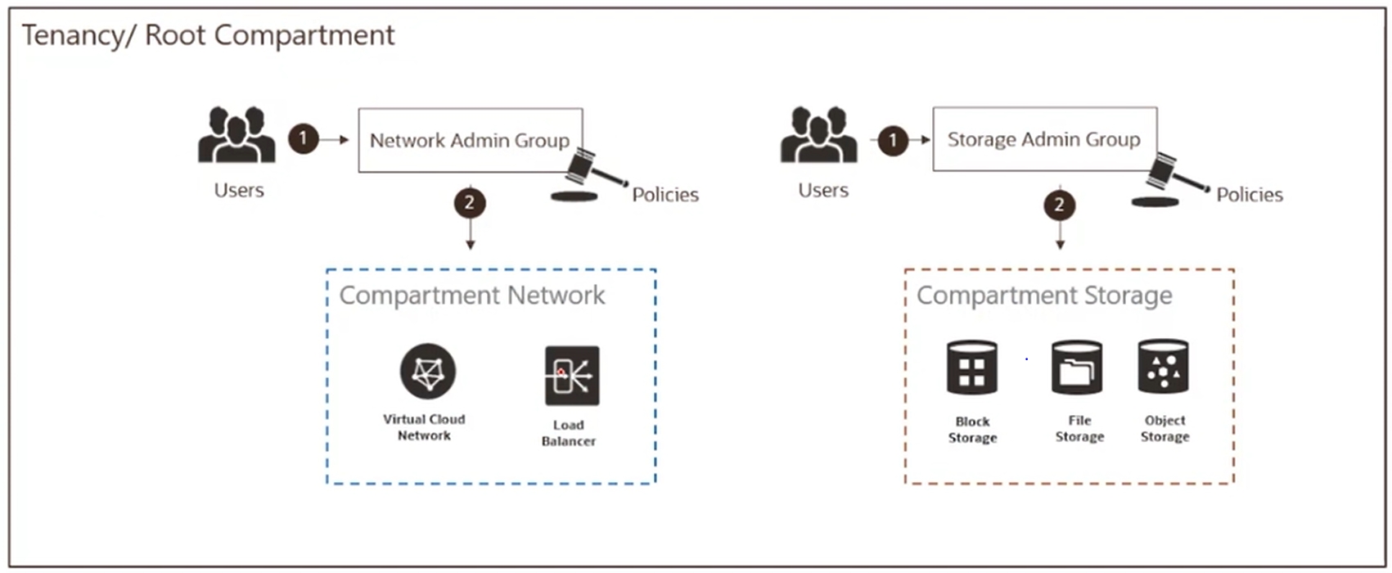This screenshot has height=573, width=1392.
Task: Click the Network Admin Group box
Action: point(470,140)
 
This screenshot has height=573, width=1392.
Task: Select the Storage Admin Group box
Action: point(1043,139)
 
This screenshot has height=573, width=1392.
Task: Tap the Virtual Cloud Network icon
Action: point(427,372)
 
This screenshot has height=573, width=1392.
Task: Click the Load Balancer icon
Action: point(572,376)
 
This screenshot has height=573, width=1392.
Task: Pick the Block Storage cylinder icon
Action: point(971,368)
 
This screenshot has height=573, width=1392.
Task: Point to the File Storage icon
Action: point(1077,368)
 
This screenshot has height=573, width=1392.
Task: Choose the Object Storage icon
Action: point(1163,368)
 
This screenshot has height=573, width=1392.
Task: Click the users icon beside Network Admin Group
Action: point(237,135)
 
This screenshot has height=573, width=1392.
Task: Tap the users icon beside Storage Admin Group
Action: point(819,135)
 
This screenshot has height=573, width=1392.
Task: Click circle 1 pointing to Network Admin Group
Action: point(303,138)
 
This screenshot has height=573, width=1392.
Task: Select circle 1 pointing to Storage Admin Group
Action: point(893,140)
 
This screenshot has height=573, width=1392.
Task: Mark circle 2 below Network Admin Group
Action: point(470,203)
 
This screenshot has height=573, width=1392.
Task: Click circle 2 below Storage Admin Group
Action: point(1059,205)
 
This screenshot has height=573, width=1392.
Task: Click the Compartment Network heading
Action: point(472,296)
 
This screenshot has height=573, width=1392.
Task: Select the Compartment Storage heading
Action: point(1043,296)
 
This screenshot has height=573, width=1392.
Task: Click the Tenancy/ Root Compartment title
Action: point(208,35)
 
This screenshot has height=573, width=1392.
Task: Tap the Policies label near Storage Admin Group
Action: point(1249,195)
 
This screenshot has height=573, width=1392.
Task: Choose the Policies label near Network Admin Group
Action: point(664,195)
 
